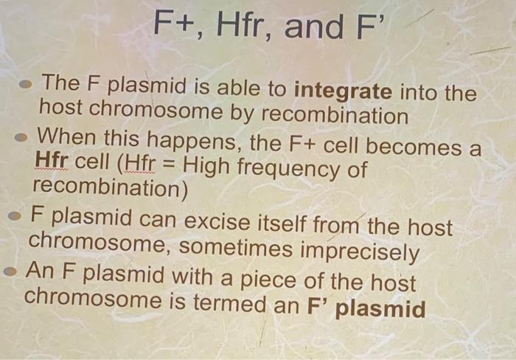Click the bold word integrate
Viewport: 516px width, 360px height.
pyautogui.click(x=343, y=92)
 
